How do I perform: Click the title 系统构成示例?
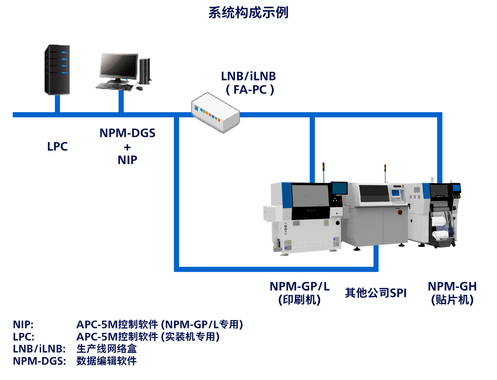[248, 13]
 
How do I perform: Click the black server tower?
[57, 70]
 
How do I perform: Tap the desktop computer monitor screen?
[118, 66]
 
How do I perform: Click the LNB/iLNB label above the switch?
[248, 76]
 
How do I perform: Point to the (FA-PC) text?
[250, 90]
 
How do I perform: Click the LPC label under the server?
[57, 147]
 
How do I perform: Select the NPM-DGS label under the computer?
[128, 133]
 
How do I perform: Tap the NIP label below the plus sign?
[128, 160]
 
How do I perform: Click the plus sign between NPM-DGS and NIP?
[128, 147]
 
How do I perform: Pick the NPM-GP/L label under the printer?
[300, 286]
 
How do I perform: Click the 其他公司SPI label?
[375, 293]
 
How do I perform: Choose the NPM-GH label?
[452, 286]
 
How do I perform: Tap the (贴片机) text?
[452, 300]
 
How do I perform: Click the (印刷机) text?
[300, 300]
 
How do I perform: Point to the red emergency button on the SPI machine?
[400, 212]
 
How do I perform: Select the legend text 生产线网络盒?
[107, 349]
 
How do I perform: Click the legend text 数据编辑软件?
[107, 361]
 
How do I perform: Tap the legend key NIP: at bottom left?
[23, 324]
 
